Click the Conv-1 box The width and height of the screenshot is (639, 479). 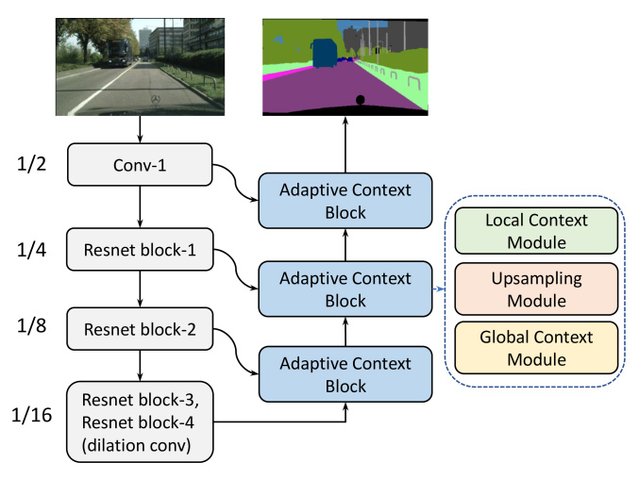(140, 165)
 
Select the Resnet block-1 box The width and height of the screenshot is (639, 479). (140, 250)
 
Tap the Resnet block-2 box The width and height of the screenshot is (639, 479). (140, 329)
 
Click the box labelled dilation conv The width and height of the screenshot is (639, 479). (140, 421)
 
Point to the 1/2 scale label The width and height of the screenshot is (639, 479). (31, 164)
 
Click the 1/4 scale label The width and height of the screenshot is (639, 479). (31, 250)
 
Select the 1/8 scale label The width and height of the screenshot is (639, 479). (31, 325)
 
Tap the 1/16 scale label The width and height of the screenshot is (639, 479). (31, 415)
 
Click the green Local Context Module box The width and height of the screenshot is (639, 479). (536, 231)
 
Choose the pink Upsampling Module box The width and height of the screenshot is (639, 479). (536, 289)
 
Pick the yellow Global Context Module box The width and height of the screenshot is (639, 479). (536, 348)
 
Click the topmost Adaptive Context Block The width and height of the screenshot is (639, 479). (345, 201)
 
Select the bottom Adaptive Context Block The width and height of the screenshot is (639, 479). (345, 374)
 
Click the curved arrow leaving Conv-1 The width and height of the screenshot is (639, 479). (236, 182)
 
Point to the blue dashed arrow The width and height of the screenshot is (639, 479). (439, 289)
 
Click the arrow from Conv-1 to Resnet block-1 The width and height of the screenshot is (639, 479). (141, 206)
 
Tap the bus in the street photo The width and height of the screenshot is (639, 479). (120, 53)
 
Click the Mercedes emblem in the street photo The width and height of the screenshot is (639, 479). (156, 100)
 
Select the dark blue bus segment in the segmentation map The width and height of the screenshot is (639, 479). (325, 53)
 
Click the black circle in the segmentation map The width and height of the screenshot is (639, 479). (360, 100)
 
